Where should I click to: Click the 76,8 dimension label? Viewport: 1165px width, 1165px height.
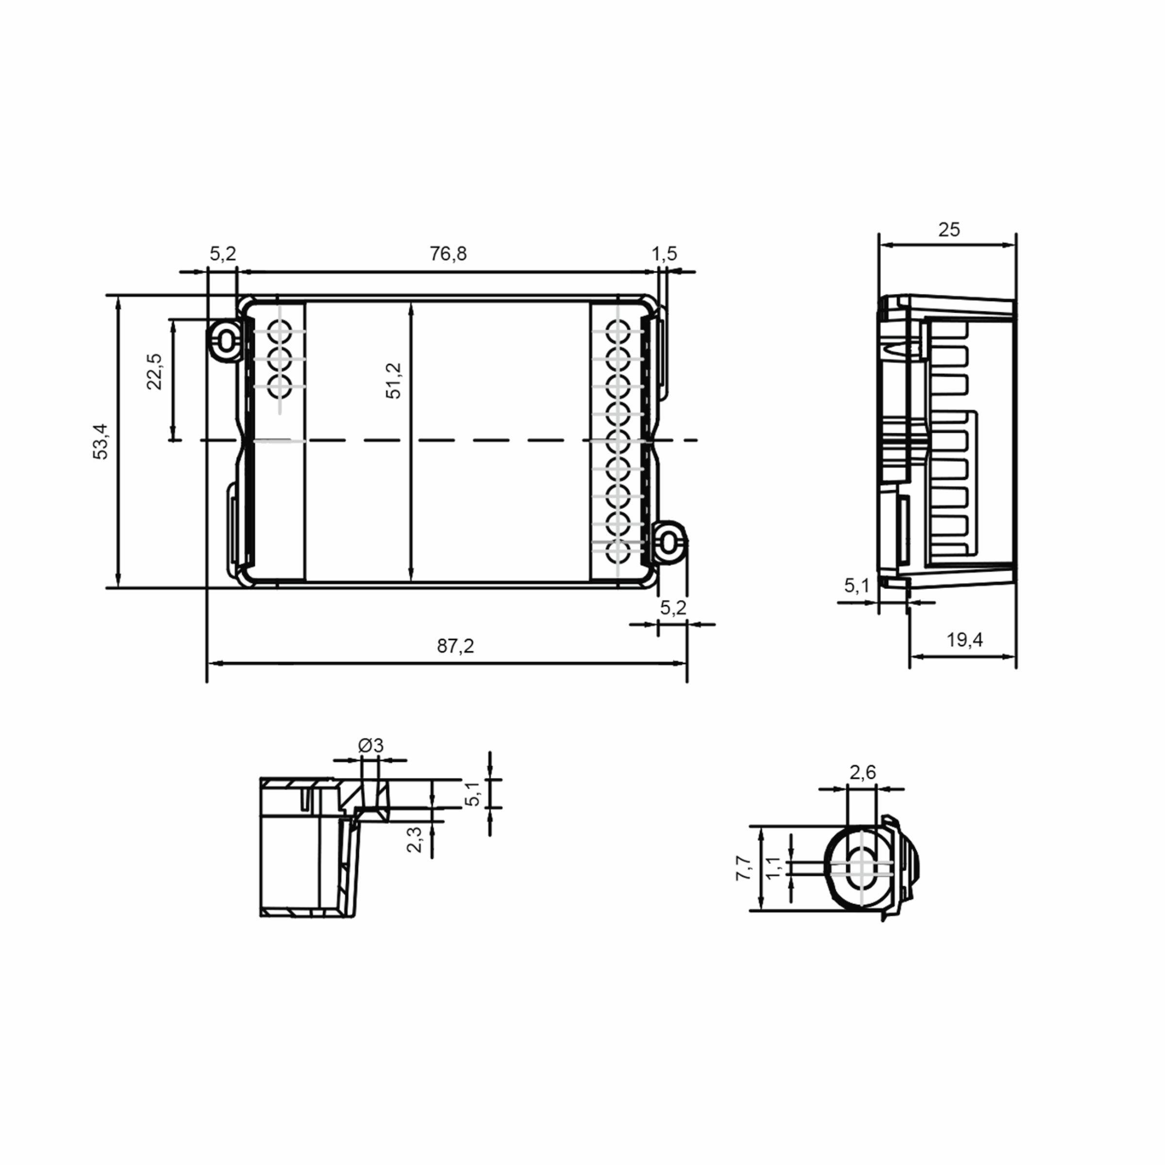tap(448, 254)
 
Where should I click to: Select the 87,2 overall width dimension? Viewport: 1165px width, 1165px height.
tap(455, 646)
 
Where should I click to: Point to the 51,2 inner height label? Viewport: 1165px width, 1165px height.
tap(394, 381)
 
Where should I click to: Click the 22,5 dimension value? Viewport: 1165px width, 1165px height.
tap(155, 371)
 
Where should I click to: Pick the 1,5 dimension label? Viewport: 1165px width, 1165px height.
tap(664, 254)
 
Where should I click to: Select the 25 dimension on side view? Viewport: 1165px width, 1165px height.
tap(949, 230)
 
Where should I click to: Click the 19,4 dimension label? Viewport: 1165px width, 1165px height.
tap(964, 640)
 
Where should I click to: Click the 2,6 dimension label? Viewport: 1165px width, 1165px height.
tap(862, 772)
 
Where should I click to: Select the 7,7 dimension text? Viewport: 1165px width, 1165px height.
tap(744, 868)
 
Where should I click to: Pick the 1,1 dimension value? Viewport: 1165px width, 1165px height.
tap(774, 866)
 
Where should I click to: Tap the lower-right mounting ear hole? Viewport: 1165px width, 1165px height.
tap(668, 543)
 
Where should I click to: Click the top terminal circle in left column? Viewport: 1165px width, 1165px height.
tap(280, 332)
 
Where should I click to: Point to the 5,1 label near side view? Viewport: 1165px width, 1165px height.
tap(856, 585)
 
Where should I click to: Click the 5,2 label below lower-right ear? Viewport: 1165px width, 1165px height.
tap(673, 608)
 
